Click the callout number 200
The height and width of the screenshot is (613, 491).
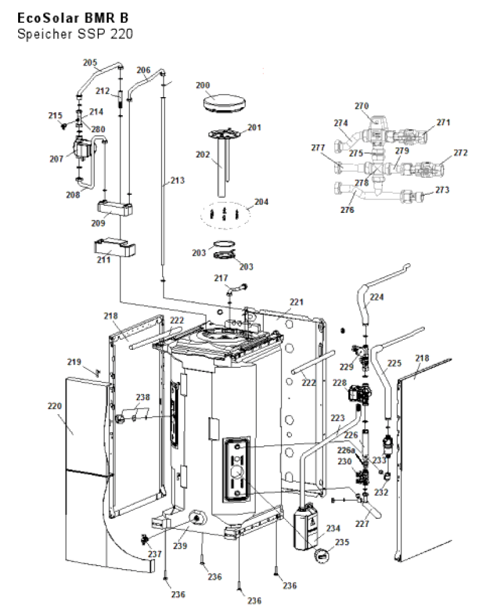(x=202, y=85)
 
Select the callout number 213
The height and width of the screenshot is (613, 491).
(x=178, y=181)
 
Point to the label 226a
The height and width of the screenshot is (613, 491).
(x=346, y=451)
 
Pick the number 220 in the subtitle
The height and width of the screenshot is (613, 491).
(x=122, y=34)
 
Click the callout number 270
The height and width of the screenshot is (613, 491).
(x=362, y=106)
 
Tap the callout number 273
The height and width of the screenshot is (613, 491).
(x=442, y=190)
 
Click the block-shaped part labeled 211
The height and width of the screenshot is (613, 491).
(x=115, y=248)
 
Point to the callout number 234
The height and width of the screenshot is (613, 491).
(x=334, y=528)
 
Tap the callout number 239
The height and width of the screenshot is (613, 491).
(x=180, y=546)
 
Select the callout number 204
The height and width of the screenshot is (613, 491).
(x=262, y=202)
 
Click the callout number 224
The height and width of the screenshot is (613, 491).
(x=376, y=297)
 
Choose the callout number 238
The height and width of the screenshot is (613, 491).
(x=143, y=397)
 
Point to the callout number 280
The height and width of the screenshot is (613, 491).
(x=98, y=129)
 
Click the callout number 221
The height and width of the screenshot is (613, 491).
(x=297, y=302)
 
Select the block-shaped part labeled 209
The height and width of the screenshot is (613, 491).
(x=115, y=207)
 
